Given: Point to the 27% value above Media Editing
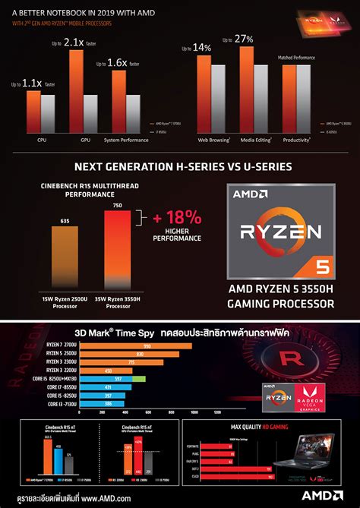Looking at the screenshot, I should pos(244,39).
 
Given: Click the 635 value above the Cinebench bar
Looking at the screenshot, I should pos(64,222).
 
